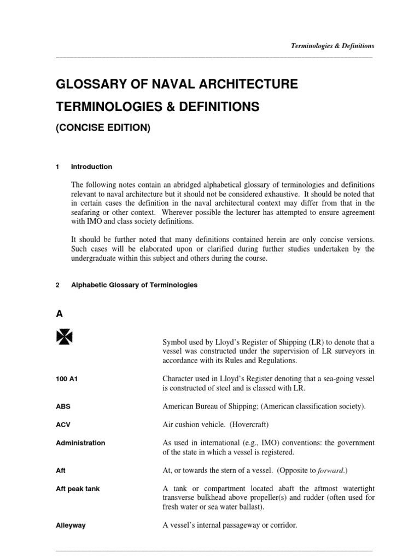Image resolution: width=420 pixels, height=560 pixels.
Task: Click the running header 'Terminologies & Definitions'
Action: click(x=332, y=46)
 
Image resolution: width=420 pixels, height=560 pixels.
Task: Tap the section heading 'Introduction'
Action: click(x=91, y=167)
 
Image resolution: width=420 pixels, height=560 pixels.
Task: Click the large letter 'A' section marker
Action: click(x=60, y=314)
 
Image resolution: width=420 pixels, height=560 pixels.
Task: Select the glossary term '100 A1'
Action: click(x=67, y=377)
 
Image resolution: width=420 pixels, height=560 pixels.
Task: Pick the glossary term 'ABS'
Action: click(x=63, y=407)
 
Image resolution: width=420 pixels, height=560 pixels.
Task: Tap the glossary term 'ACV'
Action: click(x=63, y=425)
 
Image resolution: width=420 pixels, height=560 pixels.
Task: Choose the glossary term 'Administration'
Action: click(x=80, y=443)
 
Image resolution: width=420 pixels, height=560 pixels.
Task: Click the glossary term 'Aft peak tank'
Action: click(x=78, y=489)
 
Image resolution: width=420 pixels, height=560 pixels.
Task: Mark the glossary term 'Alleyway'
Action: click(x=71, y=526)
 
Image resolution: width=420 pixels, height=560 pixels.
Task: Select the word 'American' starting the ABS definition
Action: click(x=178, y=407)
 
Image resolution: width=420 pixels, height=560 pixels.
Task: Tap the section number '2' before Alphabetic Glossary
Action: click(x=58, y=285)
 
